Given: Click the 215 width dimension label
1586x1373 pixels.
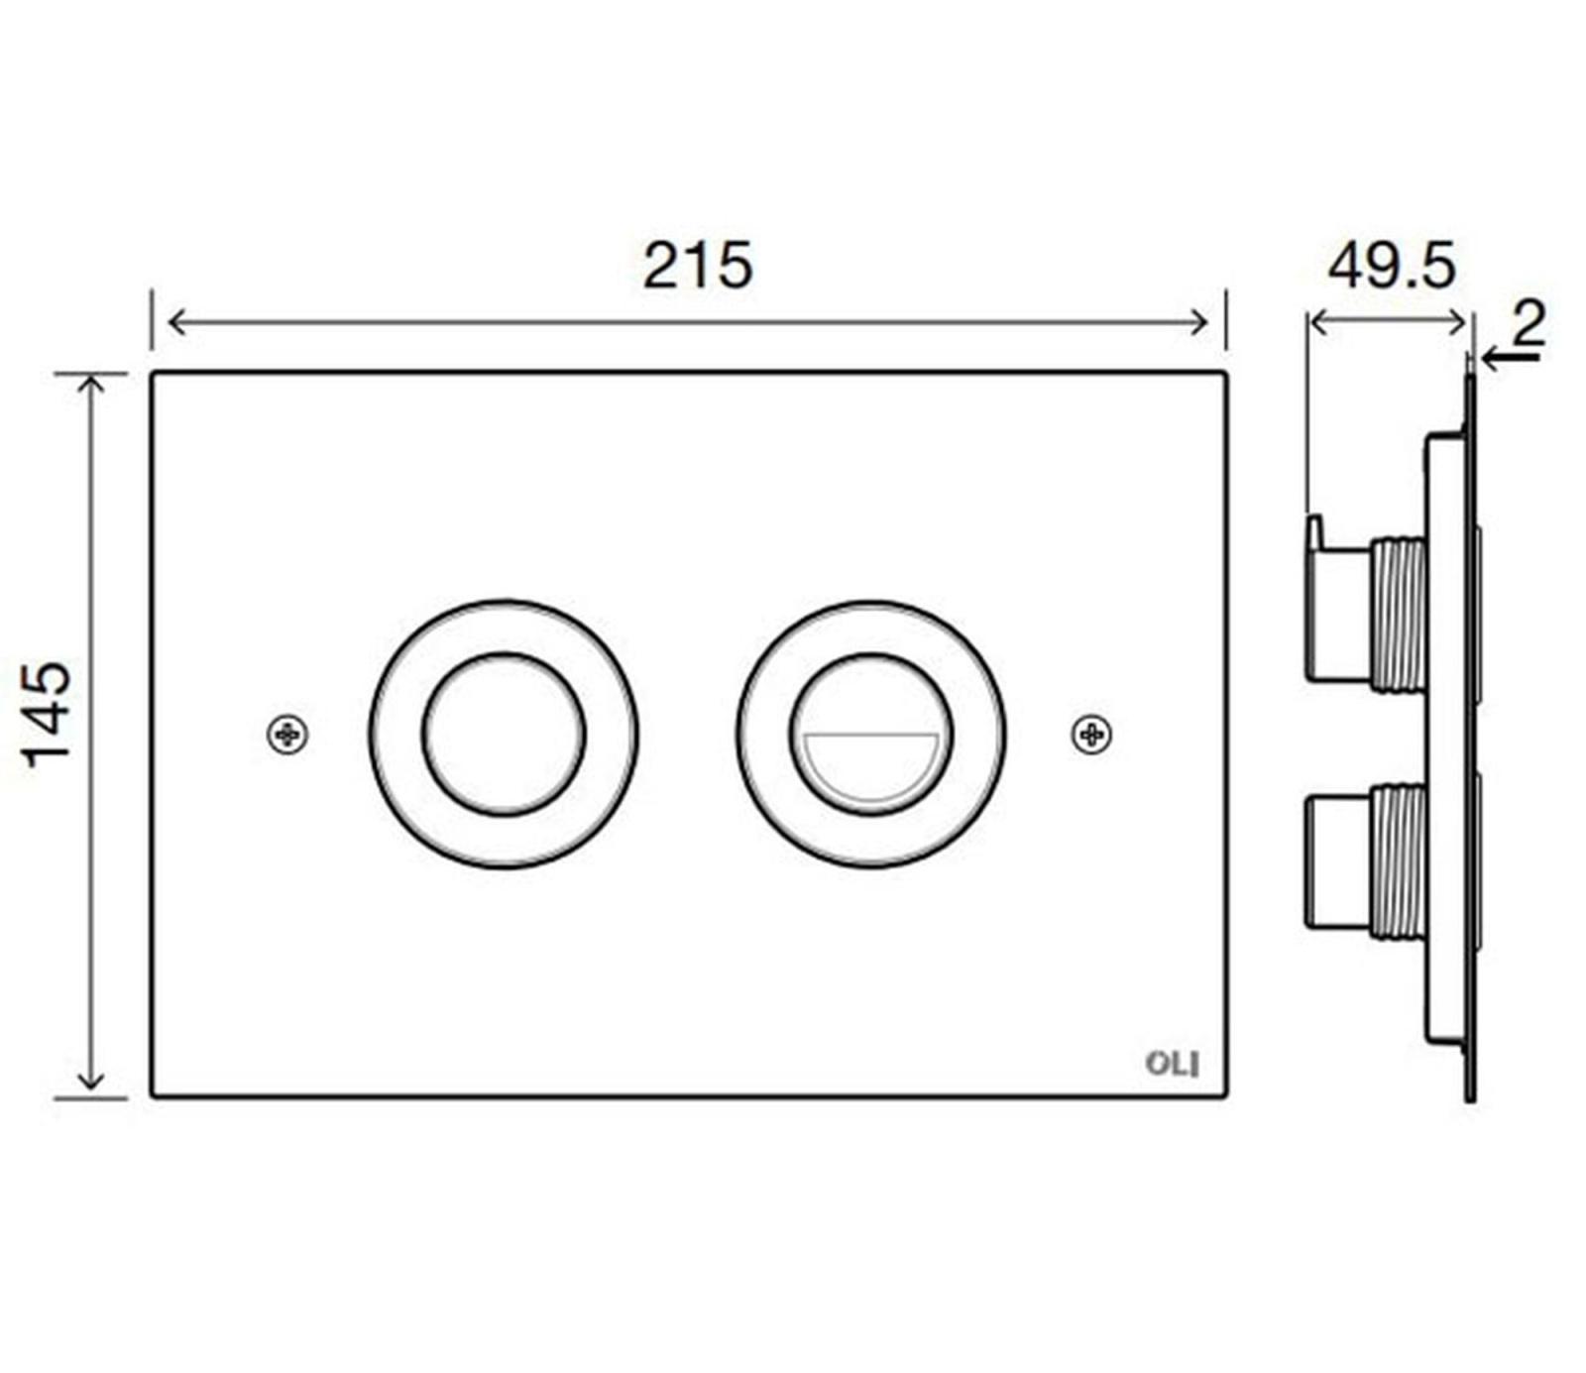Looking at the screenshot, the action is click(x=698, y=266).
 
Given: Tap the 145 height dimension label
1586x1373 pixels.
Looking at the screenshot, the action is click(x=48, y=715).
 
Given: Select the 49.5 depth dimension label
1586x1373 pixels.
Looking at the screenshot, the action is click(x=1392, y=266).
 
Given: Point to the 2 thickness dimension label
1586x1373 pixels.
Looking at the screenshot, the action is click(x=1528, y=323).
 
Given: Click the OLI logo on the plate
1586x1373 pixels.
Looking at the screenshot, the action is click(x=1172, y=1064).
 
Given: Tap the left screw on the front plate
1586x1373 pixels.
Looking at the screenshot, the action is click(x=288, y=735).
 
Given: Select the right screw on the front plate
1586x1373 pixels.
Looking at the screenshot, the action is click(x=1092, y=735).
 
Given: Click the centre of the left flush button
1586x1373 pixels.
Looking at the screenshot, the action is click(x=504, y=735).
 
